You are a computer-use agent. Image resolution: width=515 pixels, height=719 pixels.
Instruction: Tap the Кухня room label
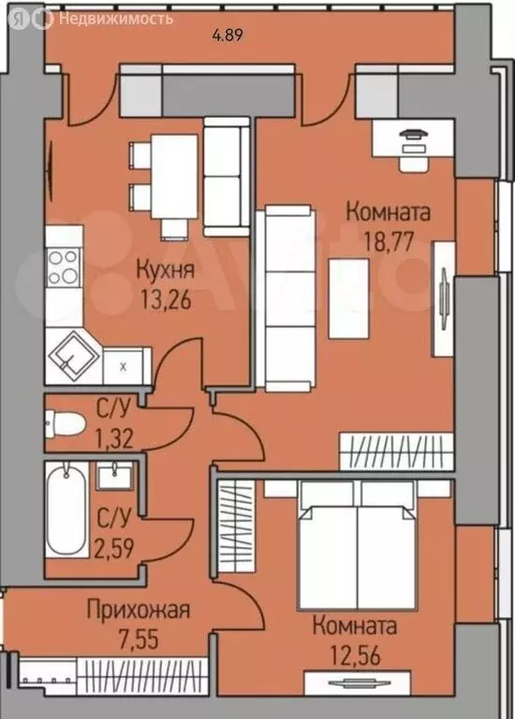pyautogui.click(x=165, y=271)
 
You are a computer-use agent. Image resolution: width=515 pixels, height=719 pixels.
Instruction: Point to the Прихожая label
pyautogui.click(x=139, y=611)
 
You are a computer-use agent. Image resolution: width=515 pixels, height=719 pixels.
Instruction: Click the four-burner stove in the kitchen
pyautogui.click(x=63, y=266)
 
